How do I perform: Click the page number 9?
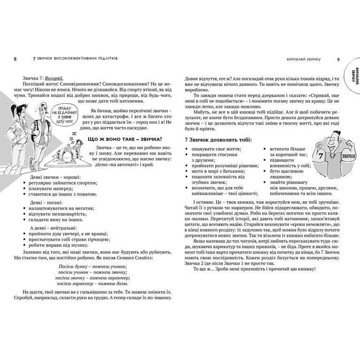pos(338,60)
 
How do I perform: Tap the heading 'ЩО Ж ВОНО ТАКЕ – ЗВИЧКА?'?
pos(125,139)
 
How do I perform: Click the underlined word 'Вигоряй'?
pos(52,76)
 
